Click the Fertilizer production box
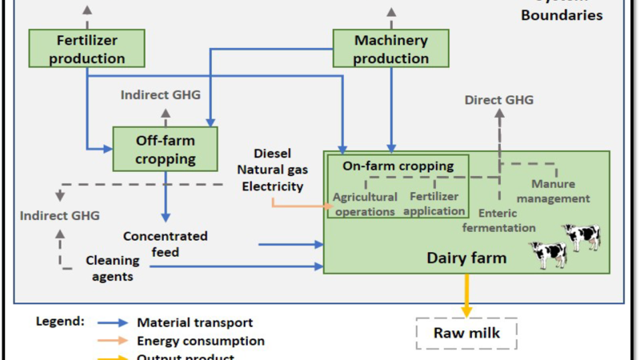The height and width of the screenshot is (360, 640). pos(86,48)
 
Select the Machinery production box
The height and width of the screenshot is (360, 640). pos(390,48)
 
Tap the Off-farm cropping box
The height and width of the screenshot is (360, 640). pos(166,149)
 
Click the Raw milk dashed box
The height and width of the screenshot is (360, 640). pos(466,333)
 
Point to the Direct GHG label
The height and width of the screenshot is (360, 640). pos(498,100)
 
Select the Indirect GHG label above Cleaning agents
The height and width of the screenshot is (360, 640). pos(60,215)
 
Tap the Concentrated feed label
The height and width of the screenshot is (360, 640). pos(166,244)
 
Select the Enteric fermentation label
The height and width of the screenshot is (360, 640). pos(499,221)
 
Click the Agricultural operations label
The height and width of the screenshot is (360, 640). pos(365,204)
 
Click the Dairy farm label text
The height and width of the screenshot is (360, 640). pos(466,258)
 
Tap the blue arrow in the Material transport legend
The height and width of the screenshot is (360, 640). pos(114,323)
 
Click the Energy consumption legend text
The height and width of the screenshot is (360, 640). pos(201,341)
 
